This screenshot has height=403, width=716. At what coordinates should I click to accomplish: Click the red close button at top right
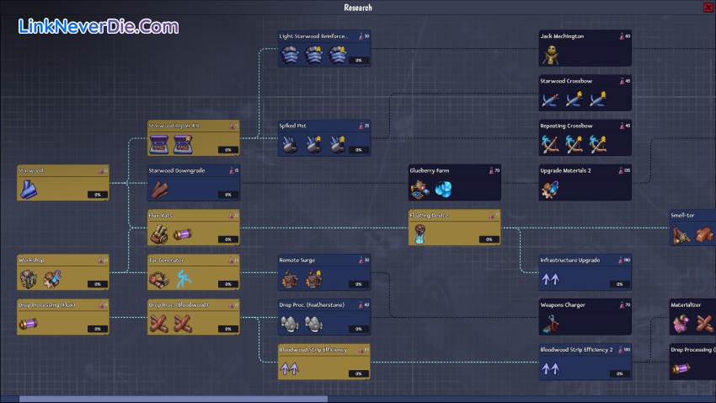[707, 7]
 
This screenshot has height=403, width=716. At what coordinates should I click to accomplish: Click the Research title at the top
[357, 7]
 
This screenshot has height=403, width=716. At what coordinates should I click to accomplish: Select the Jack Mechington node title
[562, 36]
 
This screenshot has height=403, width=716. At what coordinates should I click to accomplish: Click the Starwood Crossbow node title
[566, 81]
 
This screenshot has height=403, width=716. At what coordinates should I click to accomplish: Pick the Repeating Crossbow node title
[566, 126]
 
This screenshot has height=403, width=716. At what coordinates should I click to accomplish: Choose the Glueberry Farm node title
[430, 170]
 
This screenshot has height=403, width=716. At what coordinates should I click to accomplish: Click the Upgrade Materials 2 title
[565, 170]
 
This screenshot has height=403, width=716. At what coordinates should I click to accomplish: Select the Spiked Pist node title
[292, 126]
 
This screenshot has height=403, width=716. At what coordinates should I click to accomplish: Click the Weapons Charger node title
[563, 304]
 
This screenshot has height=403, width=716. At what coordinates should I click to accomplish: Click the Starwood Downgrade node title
[177, 170]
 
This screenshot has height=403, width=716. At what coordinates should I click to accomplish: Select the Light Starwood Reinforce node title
[313, 36]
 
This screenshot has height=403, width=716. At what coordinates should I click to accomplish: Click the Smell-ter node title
[683, 215]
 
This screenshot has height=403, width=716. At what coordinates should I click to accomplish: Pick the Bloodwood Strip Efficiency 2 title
[577, 349]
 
